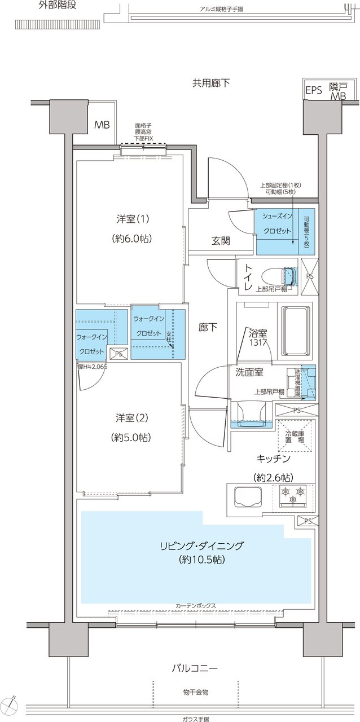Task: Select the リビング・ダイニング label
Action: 201,545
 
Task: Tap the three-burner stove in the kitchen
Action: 292,495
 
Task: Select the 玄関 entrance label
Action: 221,241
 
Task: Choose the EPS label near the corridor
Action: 314,90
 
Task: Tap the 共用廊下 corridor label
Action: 212,82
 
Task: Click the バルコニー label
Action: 195,668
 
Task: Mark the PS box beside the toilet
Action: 309,276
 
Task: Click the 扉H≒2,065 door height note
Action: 92,366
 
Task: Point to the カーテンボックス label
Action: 196,606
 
